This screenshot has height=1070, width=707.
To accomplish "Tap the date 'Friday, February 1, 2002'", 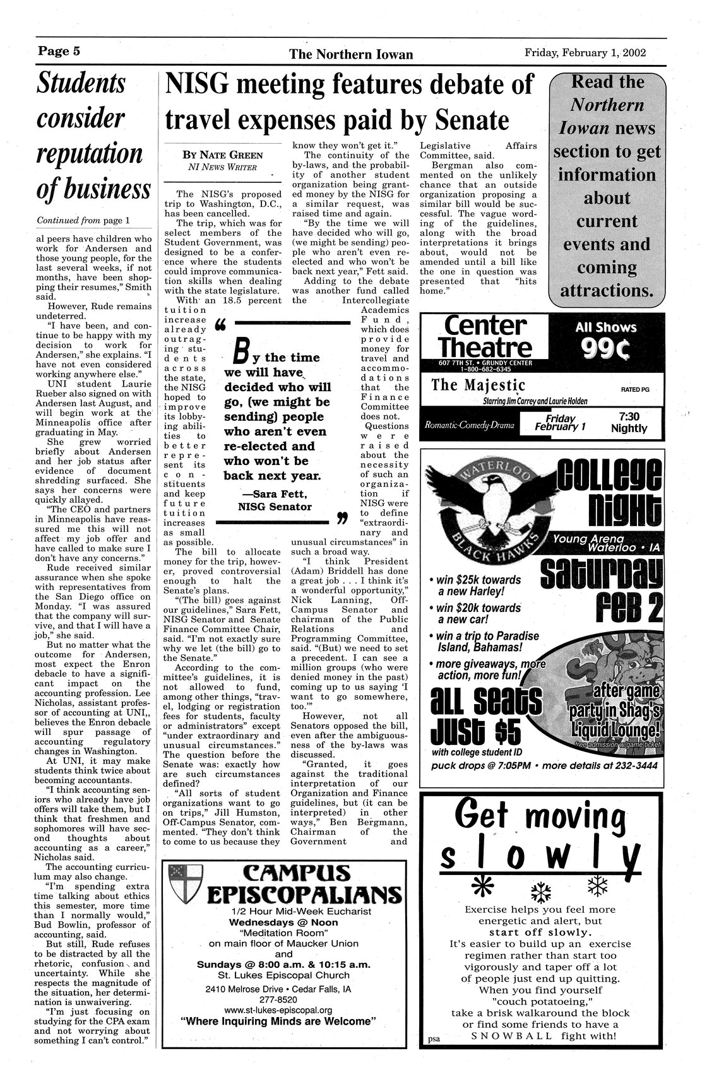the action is (x=585, y=53).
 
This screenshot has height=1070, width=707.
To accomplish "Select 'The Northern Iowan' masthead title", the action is (x=351, y=54).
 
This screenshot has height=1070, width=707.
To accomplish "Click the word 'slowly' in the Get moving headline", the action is (x=539, y=856).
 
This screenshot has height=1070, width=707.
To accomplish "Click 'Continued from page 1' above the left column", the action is (x=83, y=221).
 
